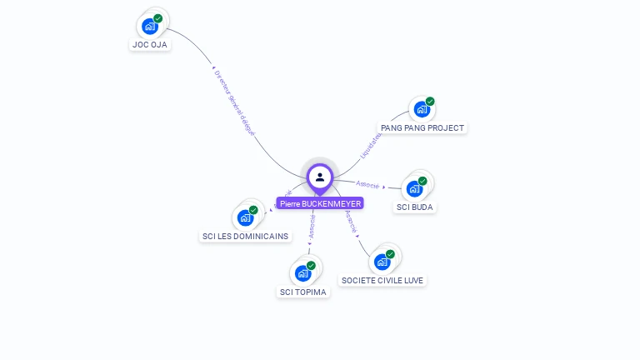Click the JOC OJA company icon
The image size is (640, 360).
(x=150, y=26)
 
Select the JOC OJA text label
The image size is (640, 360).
(x=150, y=45)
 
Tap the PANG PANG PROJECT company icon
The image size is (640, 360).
(x=422, y=109)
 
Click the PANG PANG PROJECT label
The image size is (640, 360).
(x=422, y=128)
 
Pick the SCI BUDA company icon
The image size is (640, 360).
(x=414, y=188)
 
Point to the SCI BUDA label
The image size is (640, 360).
(x=415, y=207)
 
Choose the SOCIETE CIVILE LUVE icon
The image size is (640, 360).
(x=382, y=262)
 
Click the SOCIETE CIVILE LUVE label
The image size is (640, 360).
(x=383, y=281)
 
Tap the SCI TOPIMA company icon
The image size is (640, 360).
(x=303, y=273)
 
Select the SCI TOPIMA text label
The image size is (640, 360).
(x=303, y=292)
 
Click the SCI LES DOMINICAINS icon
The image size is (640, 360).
(x=245, y=217)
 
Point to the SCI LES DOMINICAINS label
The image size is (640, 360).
(x=246, y=237)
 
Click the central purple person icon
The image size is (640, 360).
(x=320, y=177)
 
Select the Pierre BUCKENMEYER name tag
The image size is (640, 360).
(x=320, y=203)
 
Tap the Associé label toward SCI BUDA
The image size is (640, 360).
(x=367, y=184)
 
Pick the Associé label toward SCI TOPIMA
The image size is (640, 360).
(x=312, y=227)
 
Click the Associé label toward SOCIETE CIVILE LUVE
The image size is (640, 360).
(x=351, y=221)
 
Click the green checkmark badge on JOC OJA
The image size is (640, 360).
(x=157, y=18)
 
